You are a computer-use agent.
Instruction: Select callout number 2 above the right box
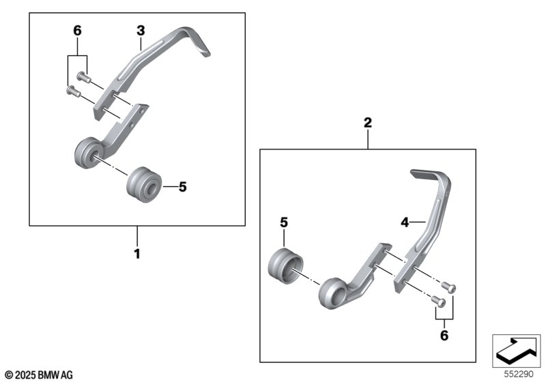pyautogui.click(x=368, y=123)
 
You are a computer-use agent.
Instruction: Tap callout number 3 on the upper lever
pyautogui.click(x=140, y=31)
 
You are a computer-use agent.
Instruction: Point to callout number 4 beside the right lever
pyautogui.click(x=404, y=222)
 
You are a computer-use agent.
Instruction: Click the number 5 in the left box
pyautogui.click(x=182, y=186)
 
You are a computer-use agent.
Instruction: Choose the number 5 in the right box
pyautogui.click(x=285, y=222)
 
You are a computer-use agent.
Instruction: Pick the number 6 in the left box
pyautogui.click(x=77, y=31)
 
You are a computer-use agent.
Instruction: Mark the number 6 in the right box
pyautogui.click(x=444, y=335)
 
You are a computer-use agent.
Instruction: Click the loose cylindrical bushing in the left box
pyautogui.click(x=143, y=184)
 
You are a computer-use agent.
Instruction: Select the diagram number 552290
pyautogui.click(x=520, y=374)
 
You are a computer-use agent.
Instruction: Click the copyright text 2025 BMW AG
pyautogui.click(x=38, y=374)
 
